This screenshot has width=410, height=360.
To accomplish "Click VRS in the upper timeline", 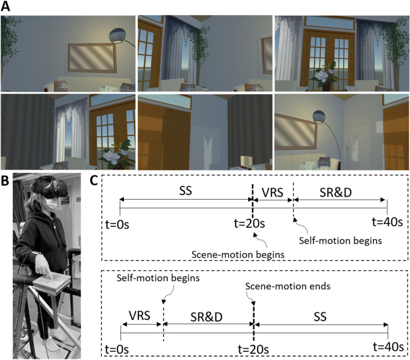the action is coord(272,190).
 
